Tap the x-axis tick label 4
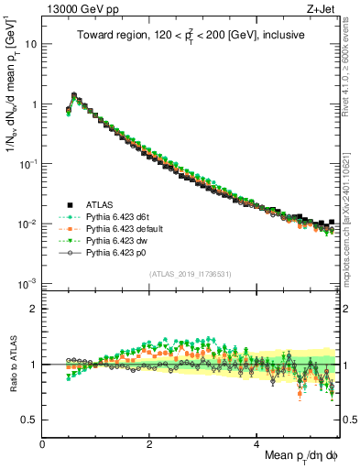pos(257,442)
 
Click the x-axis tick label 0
pos(43,442)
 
